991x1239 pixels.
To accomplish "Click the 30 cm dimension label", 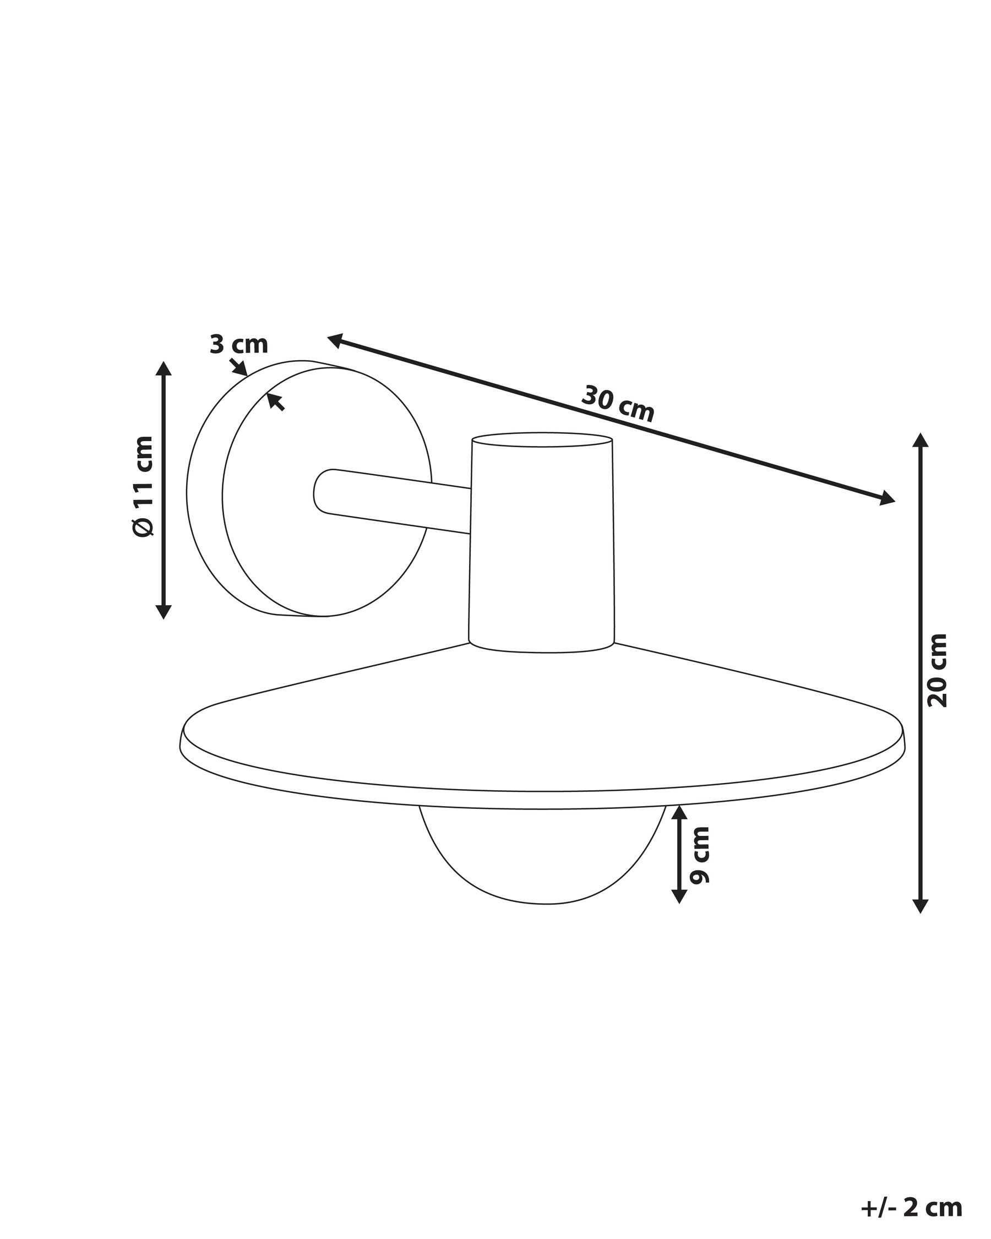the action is tap(618, 404).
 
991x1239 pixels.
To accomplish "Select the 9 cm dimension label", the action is tap(699, 855).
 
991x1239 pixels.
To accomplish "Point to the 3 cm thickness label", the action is tap(238, 344).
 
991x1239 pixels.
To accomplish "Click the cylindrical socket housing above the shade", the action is tap(542, 542).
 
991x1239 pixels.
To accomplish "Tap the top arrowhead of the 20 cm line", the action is tap(921, 440).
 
